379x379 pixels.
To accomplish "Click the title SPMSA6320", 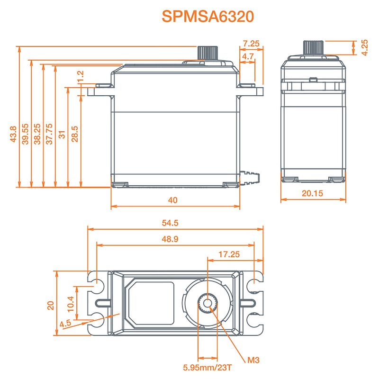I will pos(208,16).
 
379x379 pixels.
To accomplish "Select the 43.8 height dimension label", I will pos(13,134).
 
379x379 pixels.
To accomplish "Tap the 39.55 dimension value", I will pos(26,134).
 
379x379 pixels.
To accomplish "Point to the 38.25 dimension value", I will pos(37,134).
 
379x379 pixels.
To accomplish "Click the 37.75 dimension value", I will pos(49,134).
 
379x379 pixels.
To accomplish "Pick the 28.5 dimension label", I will pos(75,134).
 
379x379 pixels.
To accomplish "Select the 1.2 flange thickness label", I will pos(80,76).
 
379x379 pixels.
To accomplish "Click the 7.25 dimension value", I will pos(251,43).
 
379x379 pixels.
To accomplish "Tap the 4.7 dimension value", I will pos(248,56).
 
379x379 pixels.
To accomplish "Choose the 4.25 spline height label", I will pos(365,48).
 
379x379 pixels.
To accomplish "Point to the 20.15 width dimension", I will pos(312,193).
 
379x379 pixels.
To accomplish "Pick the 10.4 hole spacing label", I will pos(70,302).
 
